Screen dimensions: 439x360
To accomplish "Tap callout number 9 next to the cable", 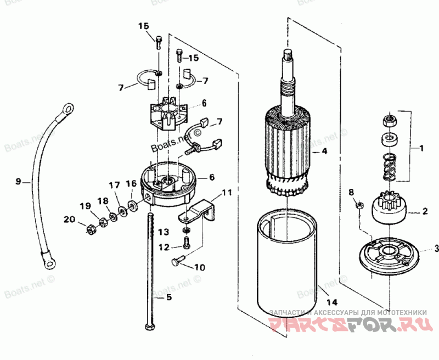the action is point(18,181).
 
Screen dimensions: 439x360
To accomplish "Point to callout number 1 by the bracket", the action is point(421,148).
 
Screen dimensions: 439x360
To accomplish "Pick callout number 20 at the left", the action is point(68,219).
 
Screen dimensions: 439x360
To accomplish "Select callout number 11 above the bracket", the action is point(227,194).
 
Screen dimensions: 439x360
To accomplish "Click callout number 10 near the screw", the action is point(199,267).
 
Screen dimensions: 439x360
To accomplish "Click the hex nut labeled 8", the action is point(359,205).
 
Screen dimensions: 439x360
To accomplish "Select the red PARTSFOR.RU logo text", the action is point(348,325).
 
